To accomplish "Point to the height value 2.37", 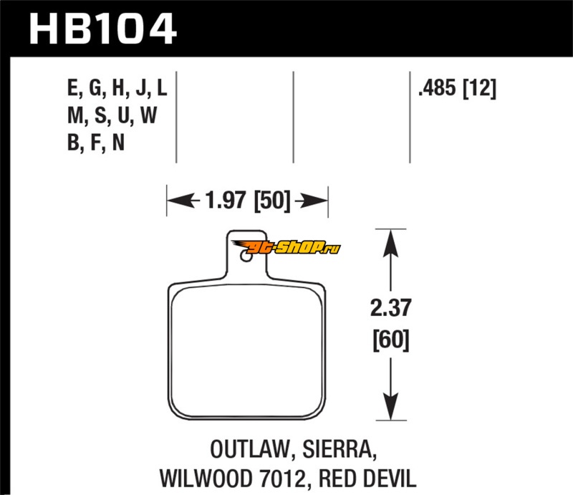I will (x=390, y=309).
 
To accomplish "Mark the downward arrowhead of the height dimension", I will (x=390, y=410).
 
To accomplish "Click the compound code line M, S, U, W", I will (x=110, y=116).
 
